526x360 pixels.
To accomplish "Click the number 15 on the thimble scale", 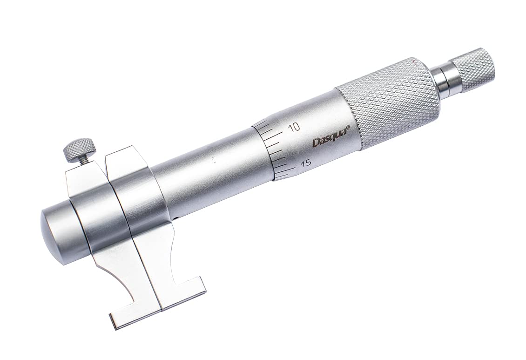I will click(x=305, y=163).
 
